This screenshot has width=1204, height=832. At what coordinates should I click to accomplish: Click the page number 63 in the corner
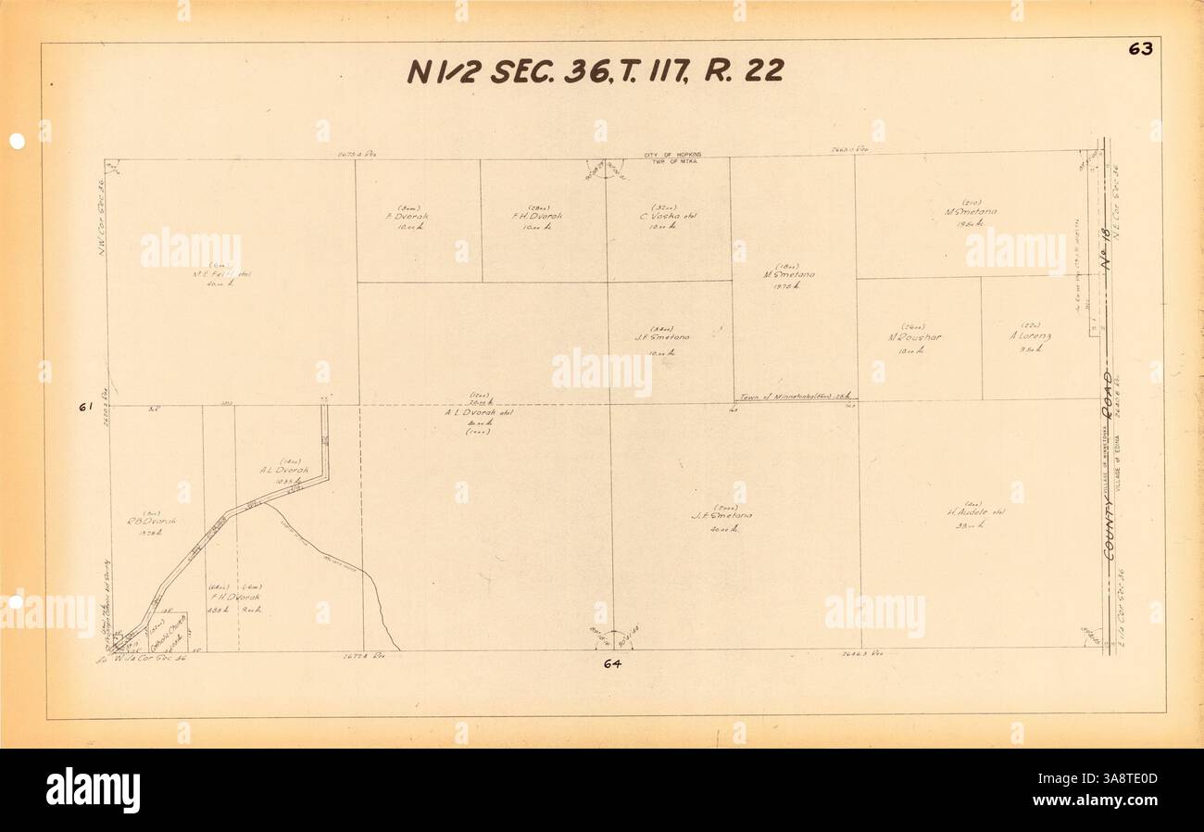point(1139,49)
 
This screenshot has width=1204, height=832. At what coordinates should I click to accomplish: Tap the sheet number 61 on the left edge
point(84,406)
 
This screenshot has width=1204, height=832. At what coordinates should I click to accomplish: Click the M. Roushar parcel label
point(914,337)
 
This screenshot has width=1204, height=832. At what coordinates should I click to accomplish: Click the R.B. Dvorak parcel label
point(153,521)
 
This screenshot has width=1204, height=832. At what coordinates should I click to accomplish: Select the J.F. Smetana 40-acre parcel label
point(721,516)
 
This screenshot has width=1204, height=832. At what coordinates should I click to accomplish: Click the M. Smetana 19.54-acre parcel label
point(971,211)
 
